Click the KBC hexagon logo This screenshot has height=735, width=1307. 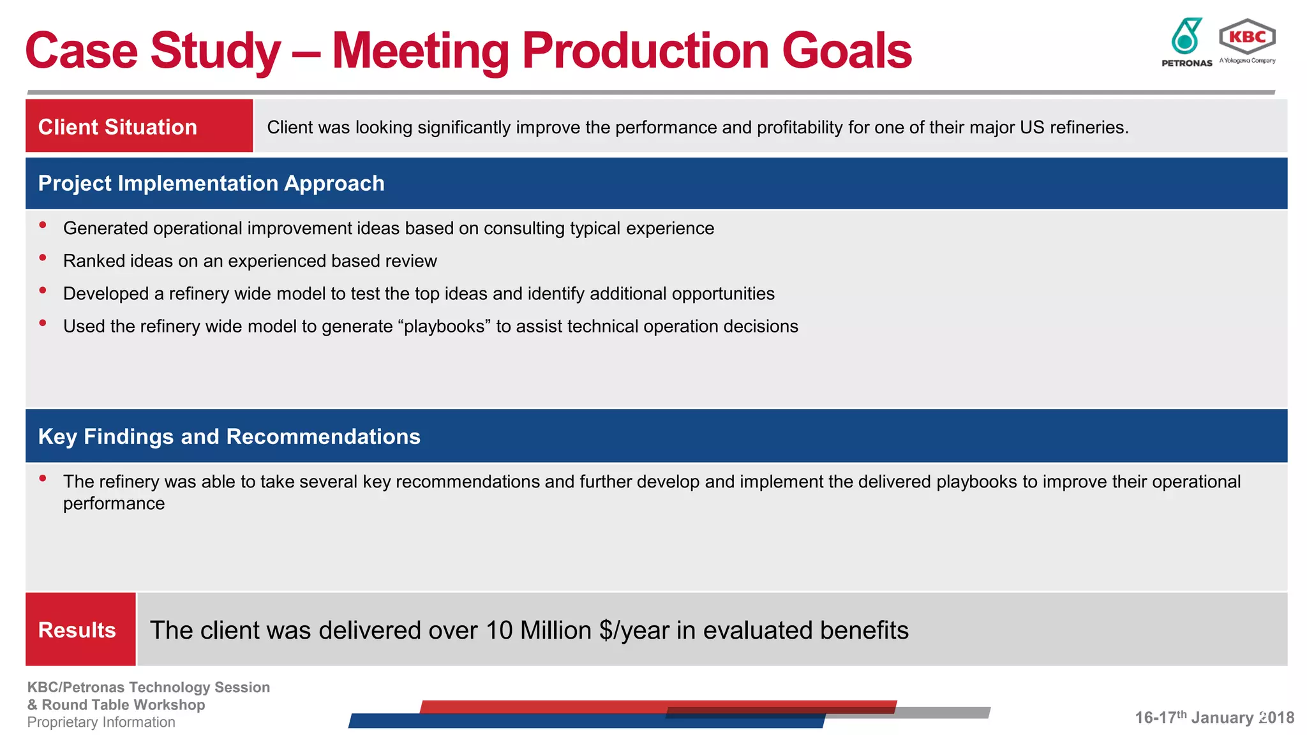pos(1247,37)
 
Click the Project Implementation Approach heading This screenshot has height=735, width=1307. pos(211,184)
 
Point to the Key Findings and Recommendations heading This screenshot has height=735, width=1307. pos(229,436)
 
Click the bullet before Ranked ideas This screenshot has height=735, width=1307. pos(43,258)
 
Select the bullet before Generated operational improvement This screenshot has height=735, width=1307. pos(43,225)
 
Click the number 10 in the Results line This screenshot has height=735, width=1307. pos(499,630)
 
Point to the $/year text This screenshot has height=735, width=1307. pos(634,630)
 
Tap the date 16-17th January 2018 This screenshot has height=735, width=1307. pos(1214,717)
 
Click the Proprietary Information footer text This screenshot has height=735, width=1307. pos(101,722)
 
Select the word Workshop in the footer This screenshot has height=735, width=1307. pos(174,705)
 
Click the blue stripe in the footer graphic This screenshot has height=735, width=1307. pos(511,721)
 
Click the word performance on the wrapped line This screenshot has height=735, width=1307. pos(114,503)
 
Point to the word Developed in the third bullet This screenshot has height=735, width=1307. pos(106,293)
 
